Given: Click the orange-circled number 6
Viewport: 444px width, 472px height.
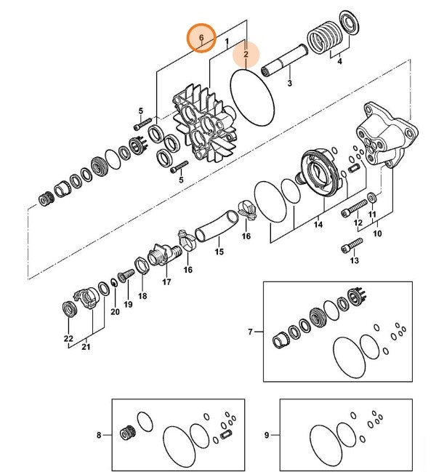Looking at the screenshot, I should (201, 37).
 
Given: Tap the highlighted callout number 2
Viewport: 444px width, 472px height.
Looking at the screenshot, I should (246, 54).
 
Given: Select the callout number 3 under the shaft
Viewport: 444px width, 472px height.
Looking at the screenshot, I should (289, 84).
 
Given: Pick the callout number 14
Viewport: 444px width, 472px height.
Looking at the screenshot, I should (318, 226).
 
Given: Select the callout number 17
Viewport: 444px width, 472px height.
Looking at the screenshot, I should (166, 281).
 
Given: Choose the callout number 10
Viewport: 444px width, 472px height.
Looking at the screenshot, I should (377, 234).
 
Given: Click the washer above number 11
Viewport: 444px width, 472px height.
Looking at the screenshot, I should (372, 196).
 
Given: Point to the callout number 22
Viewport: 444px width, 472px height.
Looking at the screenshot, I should (68, 339).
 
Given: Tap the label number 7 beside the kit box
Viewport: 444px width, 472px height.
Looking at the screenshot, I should (250, 332).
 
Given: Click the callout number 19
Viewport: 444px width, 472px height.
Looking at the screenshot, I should (128, 305).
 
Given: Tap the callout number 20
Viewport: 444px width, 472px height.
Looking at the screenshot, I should (114, 312).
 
